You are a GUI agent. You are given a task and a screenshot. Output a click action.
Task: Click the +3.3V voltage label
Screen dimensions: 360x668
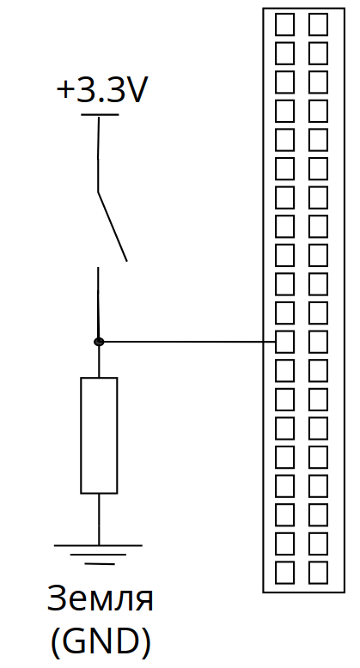101,90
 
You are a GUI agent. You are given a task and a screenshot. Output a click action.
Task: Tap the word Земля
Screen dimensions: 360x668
100,598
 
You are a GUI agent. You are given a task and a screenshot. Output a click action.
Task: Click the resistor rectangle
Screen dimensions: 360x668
99,435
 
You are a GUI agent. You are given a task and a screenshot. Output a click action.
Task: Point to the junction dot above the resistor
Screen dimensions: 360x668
99,342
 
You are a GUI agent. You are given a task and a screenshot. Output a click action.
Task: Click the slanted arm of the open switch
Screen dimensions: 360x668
113,227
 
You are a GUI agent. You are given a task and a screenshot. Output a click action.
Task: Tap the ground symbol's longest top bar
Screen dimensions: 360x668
98,545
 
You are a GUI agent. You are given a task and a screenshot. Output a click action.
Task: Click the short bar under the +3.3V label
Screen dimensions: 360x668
100,114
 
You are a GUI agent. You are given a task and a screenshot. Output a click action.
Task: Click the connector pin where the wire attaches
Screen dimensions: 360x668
284,342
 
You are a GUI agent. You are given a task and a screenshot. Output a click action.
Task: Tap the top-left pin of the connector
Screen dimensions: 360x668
284,24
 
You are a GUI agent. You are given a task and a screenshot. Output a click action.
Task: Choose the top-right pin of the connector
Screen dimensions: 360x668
318,24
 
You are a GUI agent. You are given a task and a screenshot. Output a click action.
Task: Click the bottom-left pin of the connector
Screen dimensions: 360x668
284,573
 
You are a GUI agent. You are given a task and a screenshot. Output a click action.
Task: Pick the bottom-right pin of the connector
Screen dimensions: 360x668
318,573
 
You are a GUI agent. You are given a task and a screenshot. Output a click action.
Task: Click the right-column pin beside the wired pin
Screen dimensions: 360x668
318,342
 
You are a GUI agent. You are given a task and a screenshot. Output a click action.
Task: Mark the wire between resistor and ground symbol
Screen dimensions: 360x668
99,519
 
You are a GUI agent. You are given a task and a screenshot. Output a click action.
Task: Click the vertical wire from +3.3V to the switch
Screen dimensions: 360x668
99,155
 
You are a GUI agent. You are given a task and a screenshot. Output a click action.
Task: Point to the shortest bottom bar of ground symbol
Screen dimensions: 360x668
100,564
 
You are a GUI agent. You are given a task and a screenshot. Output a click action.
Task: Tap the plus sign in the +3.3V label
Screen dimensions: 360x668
65,90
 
